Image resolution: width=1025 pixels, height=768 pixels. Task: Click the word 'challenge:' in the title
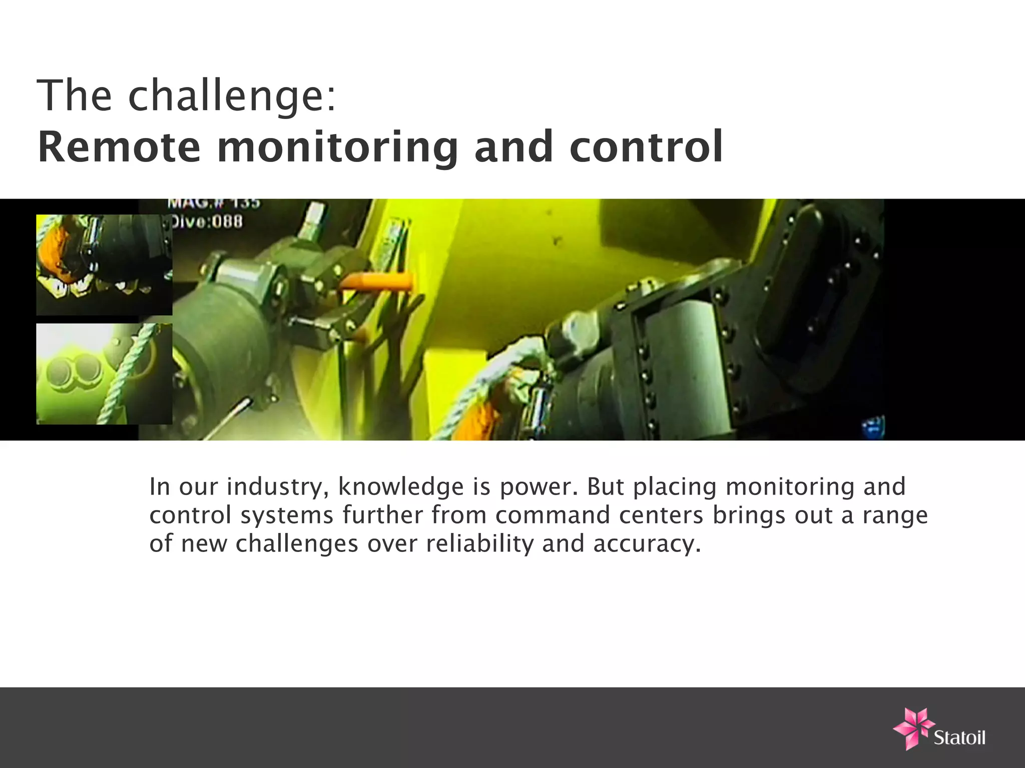click(x=232, y=96)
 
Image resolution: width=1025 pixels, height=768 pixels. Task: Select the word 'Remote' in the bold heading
click(x=119, y=147)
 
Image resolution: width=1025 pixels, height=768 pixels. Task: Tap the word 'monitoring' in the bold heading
click(x=338, y=148)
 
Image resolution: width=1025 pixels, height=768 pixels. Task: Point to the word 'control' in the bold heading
click(x=646, y=147)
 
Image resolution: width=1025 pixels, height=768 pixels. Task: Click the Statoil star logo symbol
click(x=912, y=727)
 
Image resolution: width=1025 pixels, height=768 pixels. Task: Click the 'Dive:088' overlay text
click(x=207, y=221)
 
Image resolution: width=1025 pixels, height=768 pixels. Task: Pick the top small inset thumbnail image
click(x=104, y=264)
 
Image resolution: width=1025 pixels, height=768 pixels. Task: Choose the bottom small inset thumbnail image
click(x=104, y=374)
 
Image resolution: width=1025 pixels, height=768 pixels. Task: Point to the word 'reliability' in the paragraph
click(x=479, y=543)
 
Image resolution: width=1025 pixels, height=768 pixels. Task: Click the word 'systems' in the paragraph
click(x=287, y=516)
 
